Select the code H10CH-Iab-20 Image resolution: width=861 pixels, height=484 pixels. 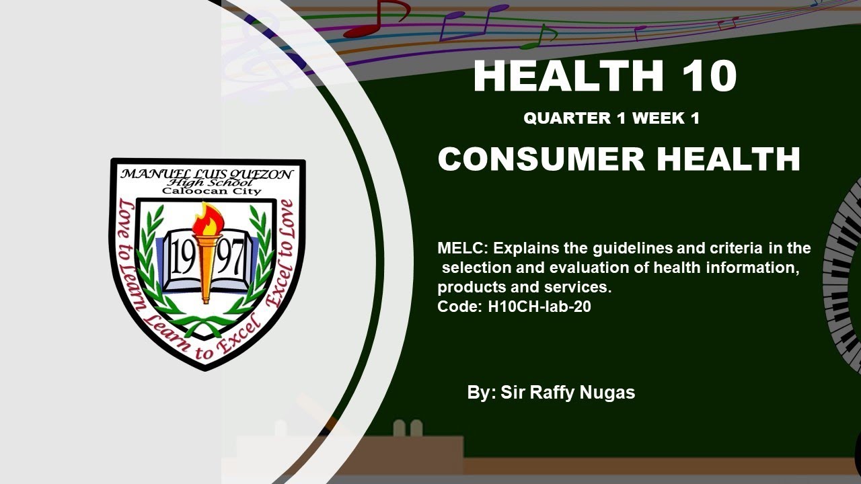point(539,307)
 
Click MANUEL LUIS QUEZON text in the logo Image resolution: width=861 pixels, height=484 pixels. point(207,174)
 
